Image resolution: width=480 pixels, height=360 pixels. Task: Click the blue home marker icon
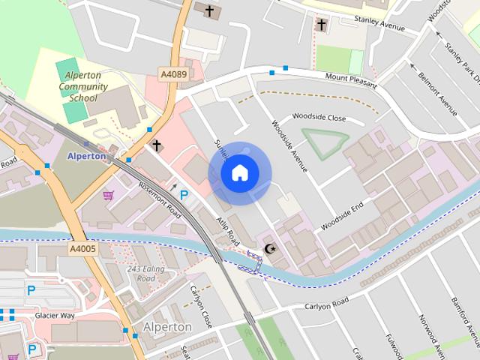pos(239,173)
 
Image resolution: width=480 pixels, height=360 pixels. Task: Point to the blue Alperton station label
pos(86,156)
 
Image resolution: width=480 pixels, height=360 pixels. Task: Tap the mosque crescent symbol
pos(270,248)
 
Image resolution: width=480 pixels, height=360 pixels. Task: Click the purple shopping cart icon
pos(108,196)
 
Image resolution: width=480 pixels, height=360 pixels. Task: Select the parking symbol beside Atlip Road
pos(184,195)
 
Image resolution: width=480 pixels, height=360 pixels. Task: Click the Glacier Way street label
pos(55,316)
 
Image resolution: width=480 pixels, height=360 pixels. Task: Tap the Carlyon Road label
pos(327,304)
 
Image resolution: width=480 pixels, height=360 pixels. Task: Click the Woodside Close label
pos(319,118)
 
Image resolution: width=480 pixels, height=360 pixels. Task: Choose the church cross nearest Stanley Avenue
pos(322,25)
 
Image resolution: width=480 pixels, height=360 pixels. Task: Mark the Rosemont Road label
pos(159,198)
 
